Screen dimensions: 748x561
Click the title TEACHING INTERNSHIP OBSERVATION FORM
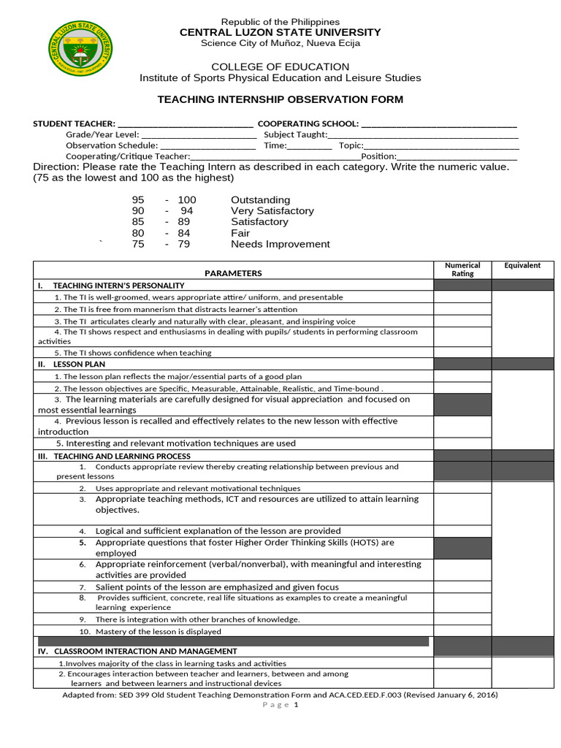point(280,99)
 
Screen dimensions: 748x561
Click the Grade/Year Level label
point(102,135)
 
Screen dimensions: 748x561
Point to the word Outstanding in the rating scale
point(260,200)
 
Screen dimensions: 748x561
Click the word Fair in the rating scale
point(240,234)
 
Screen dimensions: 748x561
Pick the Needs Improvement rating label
point(280,245)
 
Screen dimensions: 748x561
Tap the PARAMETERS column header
point(233,273)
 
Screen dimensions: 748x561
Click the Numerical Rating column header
point(462,270)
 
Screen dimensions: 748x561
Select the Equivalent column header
point(522,266)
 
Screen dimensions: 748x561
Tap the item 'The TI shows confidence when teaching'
point(133,353)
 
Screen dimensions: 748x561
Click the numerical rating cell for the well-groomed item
point(462,297)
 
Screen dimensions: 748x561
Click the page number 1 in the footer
point(297,705)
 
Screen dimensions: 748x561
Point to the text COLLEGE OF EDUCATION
point(280,67)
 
